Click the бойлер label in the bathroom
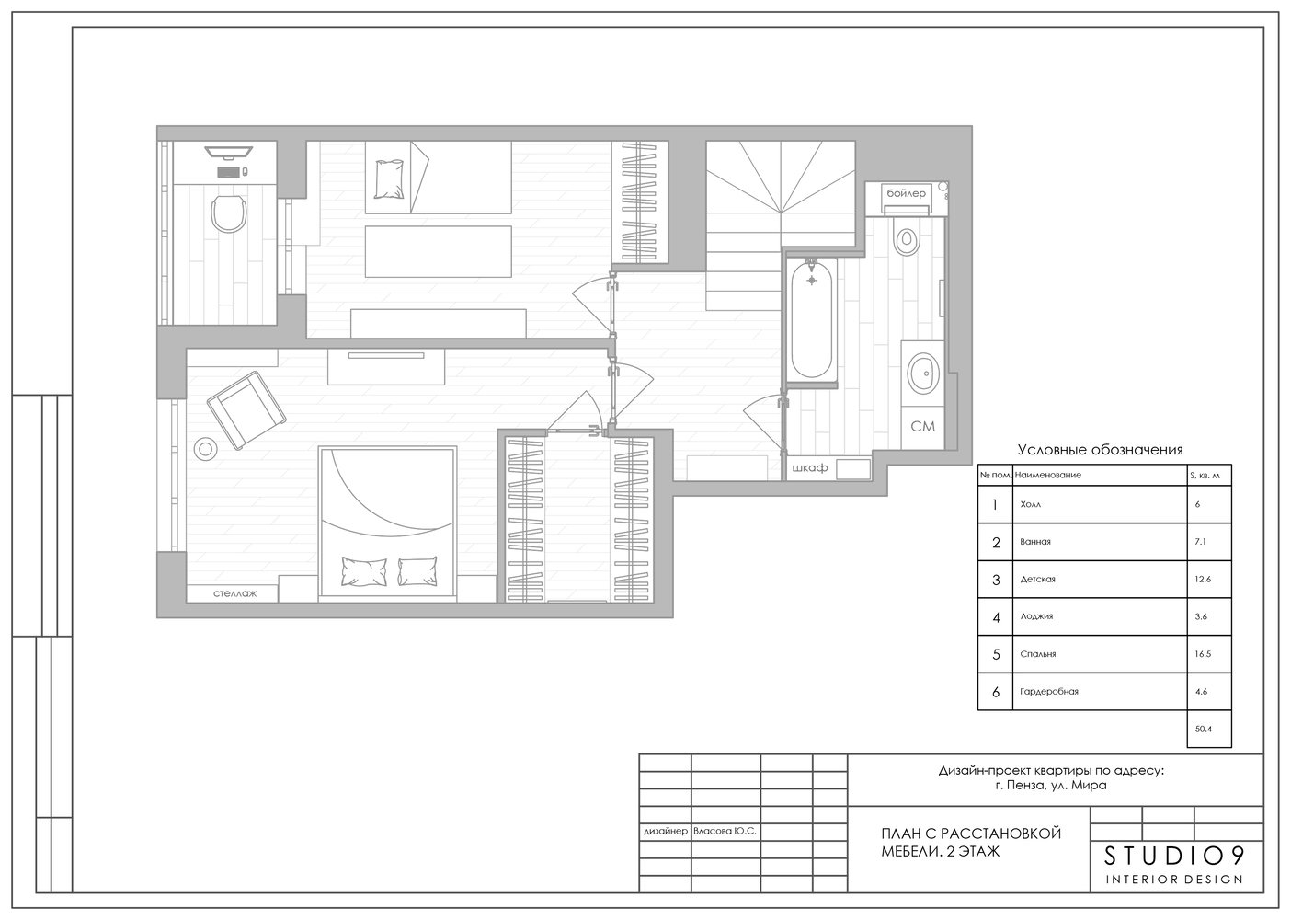pos(906,193)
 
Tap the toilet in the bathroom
pos(907,236)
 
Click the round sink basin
pos(923,374)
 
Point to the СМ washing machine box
pos(922,427)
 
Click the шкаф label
pos(810,467)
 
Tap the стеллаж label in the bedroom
pos(234,593)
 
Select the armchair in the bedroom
pos(246,410)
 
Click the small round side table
pos(205,449)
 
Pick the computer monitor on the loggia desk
pos(229,153)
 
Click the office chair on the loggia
pos(229,213)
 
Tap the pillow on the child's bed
pos(389,178)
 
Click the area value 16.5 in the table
pos(1203,654)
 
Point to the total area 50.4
pos(1204,729)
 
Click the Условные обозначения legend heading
pos(1101,450)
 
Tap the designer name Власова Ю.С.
pos(725,831)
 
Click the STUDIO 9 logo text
pos(1174,857)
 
